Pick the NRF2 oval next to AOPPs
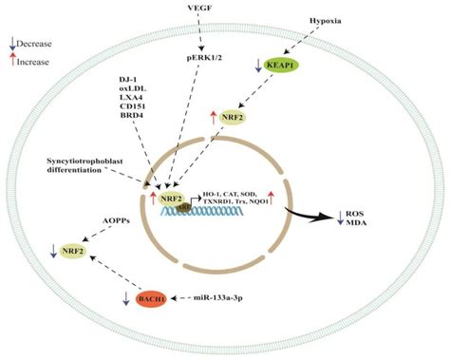[70, 252]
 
